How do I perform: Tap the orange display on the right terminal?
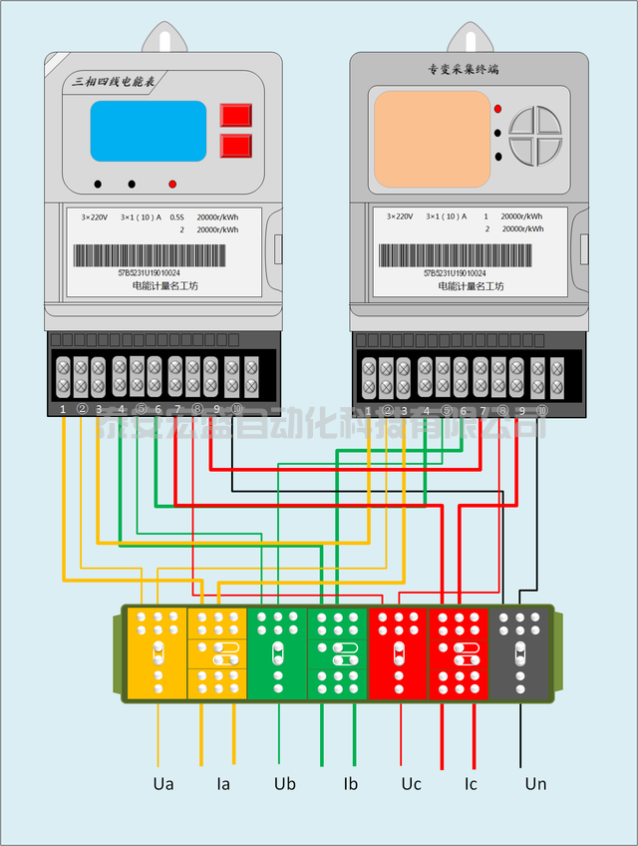[432, 141]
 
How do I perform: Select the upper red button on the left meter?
[236, 115]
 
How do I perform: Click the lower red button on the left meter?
[236, 147]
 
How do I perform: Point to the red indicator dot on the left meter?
[172, 185]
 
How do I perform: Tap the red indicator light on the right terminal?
[497, 108]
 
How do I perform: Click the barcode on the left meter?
[150, 254]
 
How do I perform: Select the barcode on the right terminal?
[455, 255]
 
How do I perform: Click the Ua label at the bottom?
[163, 784]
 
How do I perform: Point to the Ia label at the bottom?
[223, 784]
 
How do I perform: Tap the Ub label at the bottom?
[284, 784]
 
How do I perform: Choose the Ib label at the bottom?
[350, 784]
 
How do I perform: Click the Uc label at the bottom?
[411, 784]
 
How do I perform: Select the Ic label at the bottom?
[471, 784]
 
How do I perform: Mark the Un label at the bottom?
[535, 784]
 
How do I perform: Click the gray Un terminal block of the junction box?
[519, 653]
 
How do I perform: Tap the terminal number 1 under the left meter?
[63, 409]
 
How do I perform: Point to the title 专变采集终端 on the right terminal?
[463, 71]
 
